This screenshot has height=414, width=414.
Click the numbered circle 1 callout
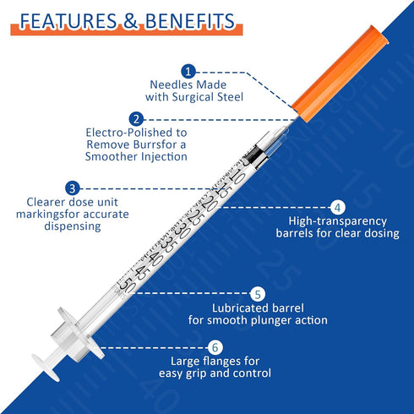point(188,72)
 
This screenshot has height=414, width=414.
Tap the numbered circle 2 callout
point(136,119)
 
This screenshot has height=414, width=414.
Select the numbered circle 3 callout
point(73,188)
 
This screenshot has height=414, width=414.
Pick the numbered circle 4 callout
point(337,208)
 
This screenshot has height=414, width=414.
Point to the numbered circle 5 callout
point(258,294)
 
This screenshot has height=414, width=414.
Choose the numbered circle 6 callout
point(215,347)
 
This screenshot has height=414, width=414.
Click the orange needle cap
point(340,74)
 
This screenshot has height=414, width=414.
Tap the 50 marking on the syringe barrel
point(128,285)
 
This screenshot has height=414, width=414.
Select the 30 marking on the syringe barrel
point(182,231)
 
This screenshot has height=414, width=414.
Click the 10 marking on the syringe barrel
point(237,177)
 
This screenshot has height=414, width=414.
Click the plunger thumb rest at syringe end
point(46,368)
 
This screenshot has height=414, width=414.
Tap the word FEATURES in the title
point(68,21)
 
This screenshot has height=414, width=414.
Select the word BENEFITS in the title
point(189,21)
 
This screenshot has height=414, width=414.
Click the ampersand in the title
point(130,21)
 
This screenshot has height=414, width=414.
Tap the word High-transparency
point(338,221)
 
